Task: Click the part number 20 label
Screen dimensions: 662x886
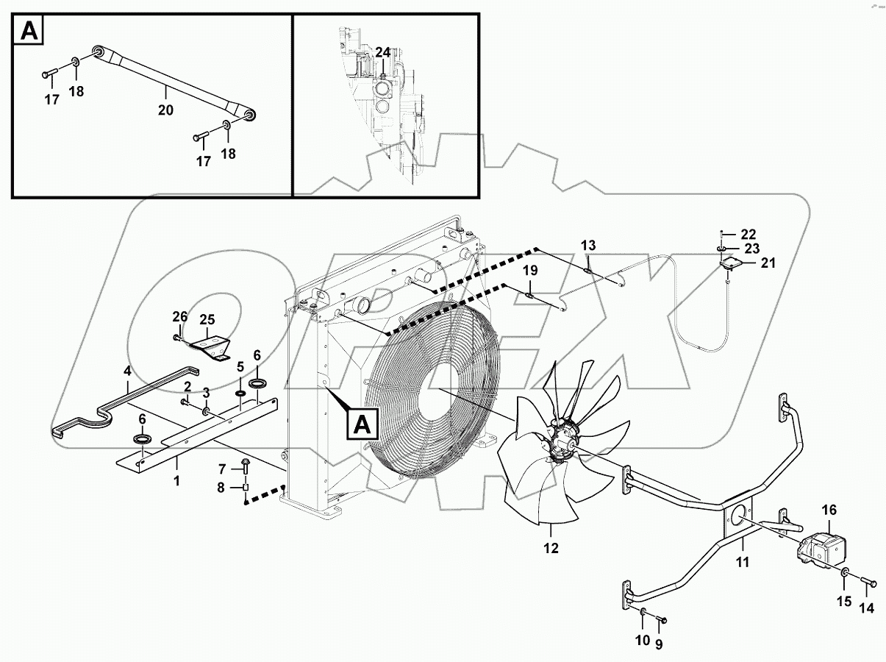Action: tap(165, 110)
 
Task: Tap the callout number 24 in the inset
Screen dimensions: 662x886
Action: tap(383, 52)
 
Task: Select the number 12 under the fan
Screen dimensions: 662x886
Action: tap(551, 548)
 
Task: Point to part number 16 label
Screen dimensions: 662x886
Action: tap(829, 509)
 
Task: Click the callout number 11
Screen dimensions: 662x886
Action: tap(743, 563)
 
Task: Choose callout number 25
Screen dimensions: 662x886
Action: tap(207, 319)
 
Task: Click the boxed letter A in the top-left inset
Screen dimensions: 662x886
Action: tap(29, 31)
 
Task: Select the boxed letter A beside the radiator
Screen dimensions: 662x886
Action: tap(362, 426)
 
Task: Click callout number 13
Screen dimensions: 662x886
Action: tap(588, 245)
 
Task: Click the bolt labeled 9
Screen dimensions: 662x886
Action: tap(660, 622)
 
